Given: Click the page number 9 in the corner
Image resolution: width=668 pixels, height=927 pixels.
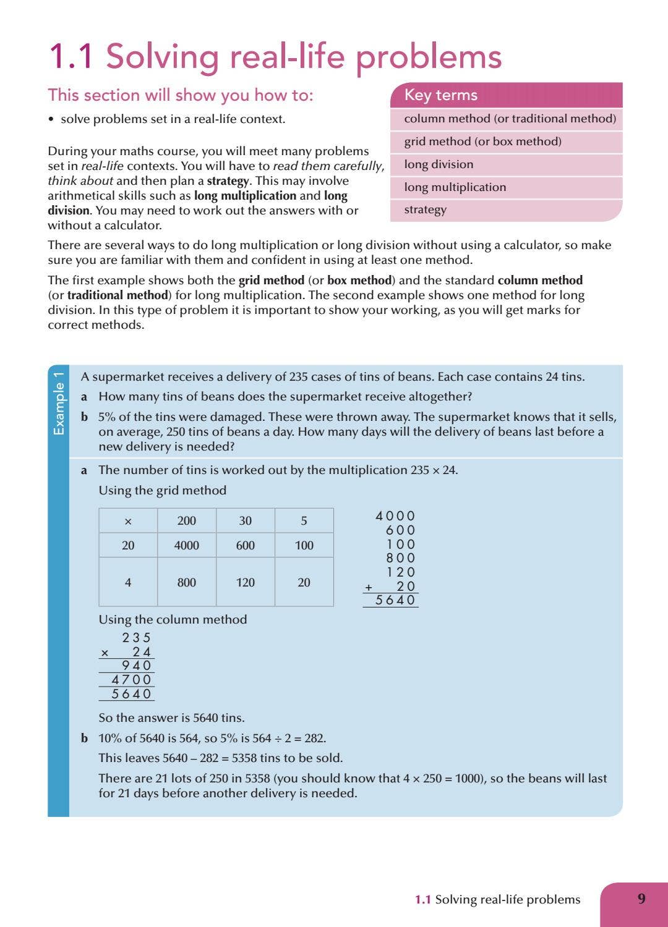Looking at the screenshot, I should click(x=641, y=899).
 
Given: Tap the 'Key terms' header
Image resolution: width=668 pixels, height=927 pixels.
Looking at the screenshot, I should click(x=441, y=95).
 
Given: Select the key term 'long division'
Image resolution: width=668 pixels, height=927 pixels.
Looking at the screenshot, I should click(x=439, y=164).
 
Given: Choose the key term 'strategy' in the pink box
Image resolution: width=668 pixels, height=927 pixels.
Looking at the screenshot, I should click(x=425, y=210).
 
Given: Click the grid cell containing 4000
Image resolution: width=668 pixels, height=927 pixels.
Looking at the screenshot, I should click(x=187, y=546).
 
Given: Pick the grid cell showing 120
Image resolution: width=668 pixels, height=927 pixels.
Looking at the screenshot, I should click(x=246, y=582).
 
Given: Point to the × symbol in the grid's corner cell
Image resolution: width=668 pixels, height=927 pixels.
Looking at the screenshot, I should click(x=128, y=522).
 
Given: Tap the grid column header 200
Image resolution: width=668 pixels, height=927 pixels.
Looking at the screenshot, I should click(x=187, y=521).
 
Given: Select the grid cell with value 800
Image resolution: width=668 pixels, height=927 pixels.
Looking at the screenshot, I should click(x=187, y=582).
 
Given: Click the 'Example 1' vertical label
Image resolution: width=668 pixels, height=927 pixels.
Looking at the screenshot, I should click(x=59, y=404).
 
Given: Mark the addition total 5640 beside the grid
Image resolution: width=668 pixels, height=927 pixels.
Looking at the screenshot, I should click(x=395, y=600).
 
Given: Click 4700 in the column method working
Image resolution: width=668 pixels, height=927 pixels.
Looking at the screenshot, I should click(x=131, y=680).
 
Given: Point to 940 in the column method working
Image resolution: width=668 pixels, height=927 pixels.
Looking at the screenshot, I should click(x=136, y=666).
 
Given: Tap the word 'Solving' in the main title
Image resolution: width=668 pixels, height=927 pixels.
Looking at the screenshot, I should click(x=162, y=57).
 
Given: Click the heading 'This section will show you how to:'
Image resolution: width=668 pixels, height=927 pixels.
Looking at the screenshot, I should click(x=181, y=95).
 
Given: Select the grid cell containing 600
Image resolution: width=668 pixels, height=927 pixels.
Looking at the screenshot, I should click(x=246, y=546).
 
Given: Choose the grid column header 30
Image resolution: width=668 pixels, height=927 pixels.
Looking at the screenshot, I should click(x=246, y=521).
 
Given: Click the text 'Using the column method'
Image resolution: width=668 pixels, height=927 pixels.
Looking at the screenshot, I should click(x=173, y=619).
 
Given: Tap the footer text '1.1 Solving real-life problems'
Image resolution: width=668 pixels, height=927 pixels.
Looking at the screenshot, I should click(x=497, y=900).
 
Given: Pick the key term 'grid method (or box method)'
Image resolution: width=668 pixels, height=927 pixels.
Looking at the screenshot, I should click(x=482, y=142).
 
